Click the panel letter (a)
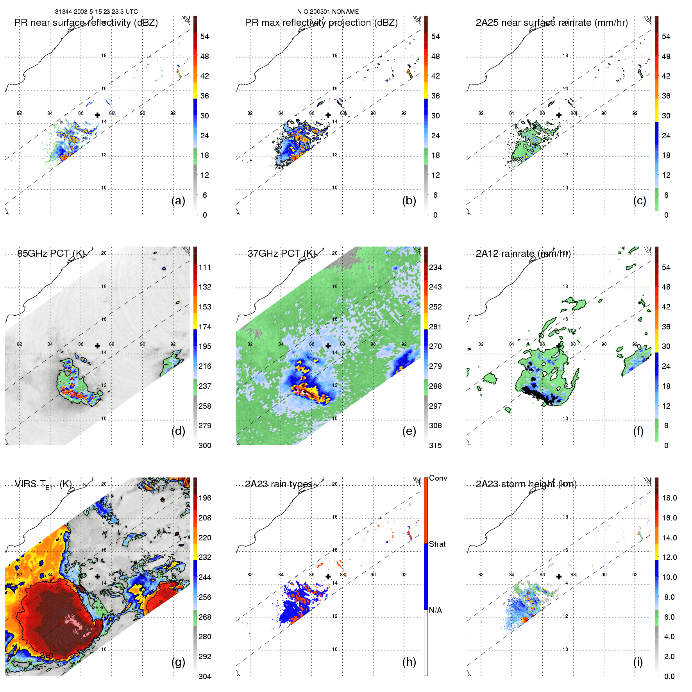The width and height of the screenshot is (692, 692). (178, 200)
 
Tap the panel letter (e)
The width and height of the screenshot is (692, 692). (409, 431)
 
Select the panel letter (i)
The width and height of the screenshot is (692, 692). (638, 662)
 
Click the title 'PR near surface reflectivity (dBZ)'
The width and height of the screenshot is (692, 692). (86, 23)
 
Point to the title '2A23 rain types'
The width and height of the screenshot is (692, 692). (278, 484)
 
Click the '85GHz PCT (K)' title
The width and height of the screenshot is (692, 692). (51, 254)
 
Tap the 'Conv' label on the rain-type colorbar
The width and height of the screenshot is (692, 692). (438, 478)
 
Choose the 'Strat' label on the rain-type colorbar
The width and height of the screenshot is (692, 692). (437, 544)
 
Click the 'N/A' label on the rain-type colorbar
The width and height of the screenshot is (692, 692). (435, 610)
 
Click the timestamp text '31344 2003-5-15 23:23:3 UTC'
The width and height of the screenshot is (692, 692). (96, 12)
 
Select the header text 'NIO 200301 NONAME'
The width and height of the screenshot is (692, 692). (328, 12)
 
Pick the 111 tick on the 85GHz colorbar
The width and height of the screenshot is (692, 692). (205, 267)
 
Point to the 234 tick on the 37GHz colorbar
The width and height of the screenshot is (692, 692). (435, 267)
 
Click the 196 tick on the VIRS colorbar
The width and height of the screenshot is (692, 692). (205, 498)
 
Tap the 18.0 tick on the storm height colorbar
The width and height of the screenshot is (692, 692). (669, 498)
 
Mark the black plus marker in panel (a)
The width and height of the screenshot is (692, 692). (97, 115)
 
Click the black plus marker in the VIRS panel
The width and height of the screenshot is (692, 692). (97, 576)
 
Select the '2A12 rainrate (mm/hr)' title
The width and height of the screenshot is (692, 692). (523, 254)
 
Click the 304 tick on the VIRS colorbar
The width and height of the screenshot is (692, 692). (205, 676)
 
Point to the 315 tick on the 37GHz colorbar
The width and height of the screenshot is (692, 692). (435, 445)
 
